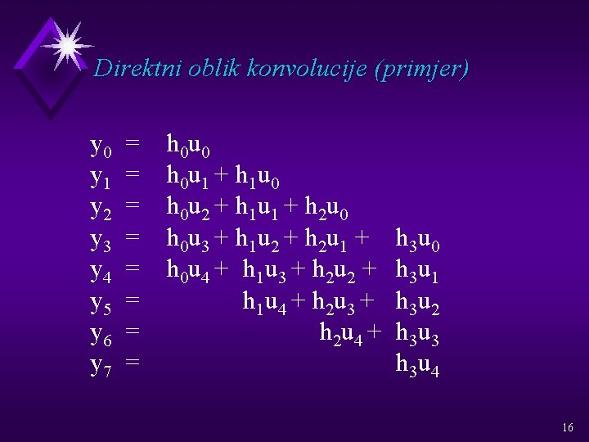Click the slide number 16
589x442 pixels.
(568, 428)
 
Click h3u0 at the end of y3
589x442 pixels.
(418, 239)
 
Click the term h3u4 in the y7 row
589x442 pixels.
(418, 363)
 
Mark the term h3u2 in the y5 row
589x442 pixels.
(418, 302)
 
